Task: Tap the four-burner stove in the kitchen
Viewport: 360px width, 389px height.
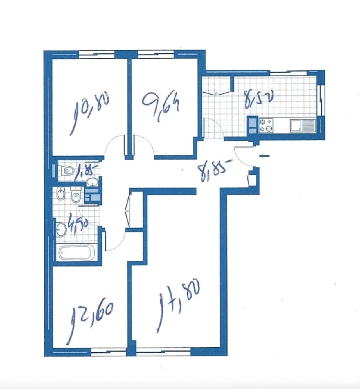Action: coord(266,126)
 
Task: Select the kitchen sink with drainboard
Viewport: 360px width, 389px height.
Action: coord(303,126)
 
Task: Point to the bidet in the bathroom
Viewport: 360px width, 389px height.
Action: coord(60,194)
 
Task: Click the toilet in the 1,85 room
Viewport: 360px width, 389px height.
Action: coord(66,170)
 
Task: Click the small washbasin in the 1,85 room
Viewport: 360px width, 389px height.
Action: coord(92,182)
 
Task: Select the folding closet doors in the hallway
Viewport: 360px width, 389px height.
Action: coord(128,209)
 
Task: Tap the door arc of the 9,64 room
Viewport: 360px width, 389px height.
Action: coord(144,145)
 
